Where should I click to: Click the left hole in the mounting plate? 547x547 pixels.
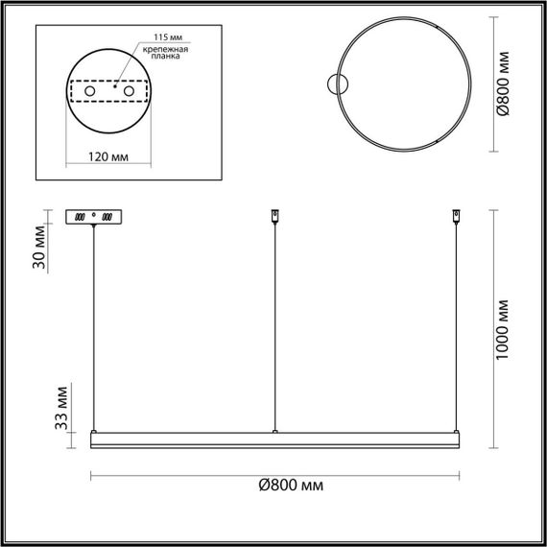90,90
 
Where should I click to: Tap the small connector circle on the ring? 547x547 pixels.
337,84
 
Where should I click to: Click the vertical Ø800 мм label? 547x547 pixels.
518,85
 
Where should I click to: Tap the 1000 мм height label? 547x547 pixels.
518,329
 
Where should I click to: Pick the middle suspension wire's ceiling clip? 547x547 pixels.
275,215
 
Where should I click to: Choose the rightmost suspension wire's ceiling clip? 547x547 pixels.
455,215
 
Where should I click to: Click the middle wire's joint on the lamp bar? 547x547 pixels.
275,432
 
